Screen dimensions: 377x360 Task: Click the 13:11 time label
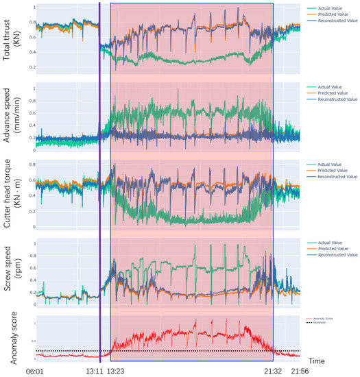pos(95,371)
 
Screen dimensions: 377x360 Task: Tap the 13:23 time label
pos(117,371)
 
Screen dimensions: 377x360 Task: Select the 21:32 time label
pos(272,371)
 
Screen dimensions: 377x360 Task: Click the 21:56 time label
pos(300,371)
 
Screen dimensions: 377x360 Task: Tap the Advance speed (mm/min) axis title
pos(12,117)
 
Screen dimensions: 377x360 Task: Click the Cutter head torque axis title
pos(12,195)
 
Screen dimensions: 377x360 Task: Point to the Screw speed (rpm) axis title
pos(12,273)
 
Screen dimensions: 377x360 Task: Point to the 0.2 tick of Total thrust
pos(31,67)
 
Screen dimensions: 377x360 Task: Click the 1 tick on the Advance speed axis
pos(32,85)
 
